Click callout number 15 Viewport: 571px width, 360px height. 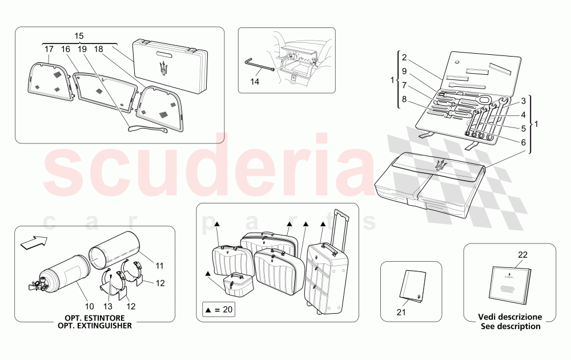79,35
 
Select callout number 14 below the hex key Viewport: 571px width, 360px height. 255,82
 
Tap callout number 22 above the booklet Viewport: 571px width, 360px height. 522,255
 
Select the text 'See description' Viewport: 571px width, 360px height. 510,326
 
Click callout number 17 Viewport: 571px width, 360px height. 50,50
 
